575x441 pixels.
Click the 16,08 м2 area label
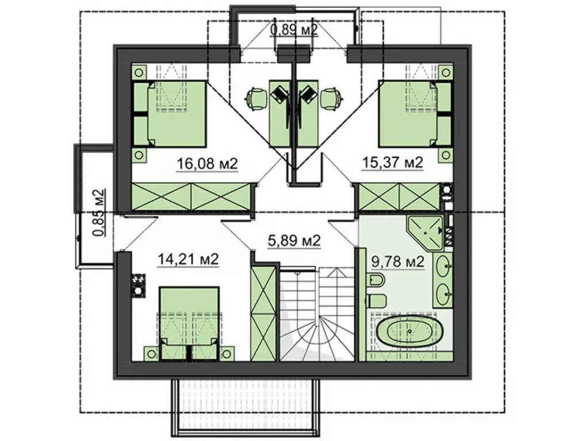coord(207,163)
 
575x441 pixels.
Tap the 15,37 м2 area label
coord(392,162)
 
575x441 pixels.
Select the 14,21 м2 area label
coord(188,260)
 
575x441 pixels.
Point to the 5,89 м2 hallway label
coord(294,241)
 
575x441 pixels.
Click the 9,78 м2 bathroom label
coord(398,261)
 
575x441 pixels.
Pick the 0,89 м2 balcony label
coord(294,29)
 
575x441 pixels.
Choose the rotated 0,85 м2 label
coord(98,212)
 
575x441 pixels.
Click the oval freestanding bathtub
coord(409,331)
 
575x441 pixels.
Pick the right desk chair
coord(332,98)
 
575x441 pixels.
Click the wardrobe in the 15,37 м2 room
coord(398,197)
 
